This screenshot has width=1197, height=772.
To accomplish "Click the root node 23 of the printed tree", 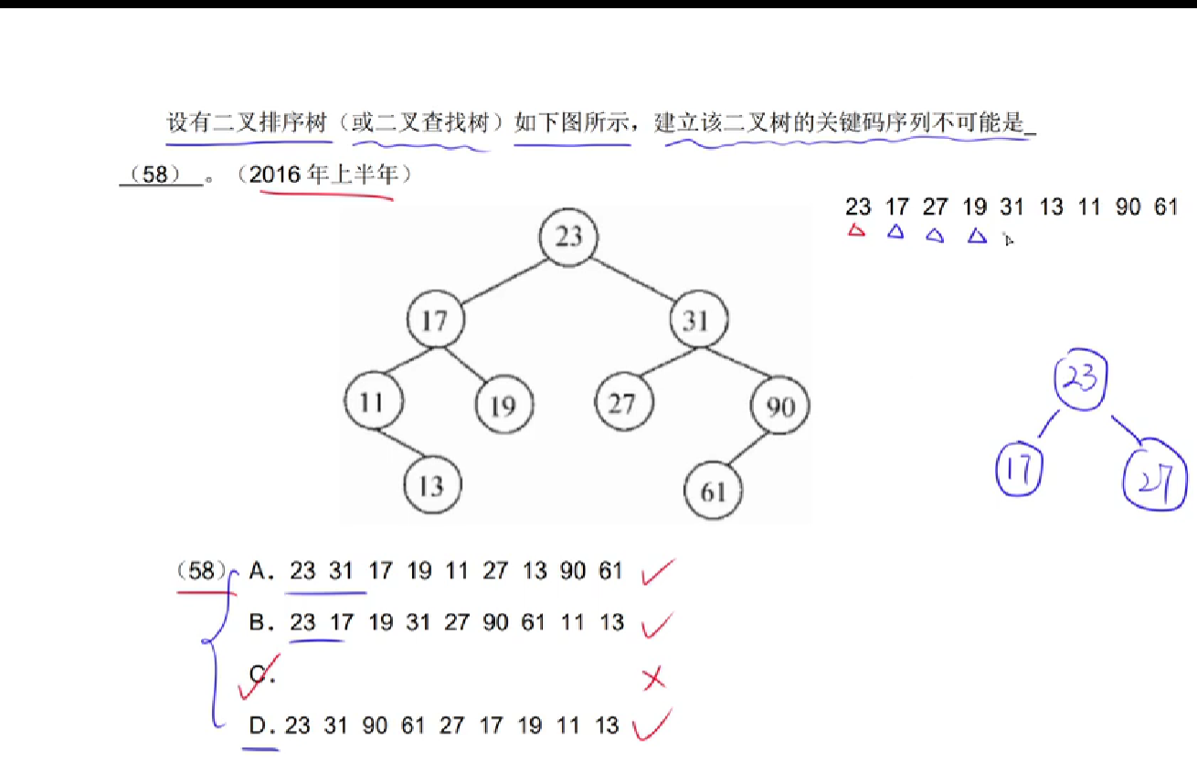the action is [x=568, y=237].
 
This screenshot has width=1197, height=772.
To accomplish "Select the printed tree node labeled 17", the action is [x=435, y=321].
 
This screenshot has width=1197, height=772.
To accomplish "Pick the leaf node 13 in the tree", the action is [x=431, y=486].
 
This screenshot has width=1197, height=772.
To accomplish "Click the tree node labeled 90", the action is [x=779, y=407].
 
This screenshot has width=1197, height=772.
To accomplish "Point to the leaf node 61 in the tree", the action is [x=713, y=492].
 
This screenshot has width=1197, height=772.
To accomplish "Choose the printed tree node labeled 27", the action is [x=621, y=403].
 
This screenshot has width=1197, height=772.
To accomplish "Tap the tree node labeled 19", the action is [x=503, y=406].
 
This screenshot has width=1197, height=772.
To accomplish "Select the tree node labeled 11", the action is [x=372, y=403].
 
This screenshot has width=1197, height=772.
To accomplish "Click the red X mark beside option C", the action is [x=652, y=679].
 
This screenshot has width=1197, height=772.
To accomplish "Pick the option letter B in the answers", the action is [x=260, y=623].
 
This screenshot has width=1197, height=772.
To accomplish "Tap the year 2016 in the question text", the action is [x=275, y=174].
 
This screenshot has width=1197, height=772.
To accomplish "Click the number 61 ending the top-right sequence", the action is [x=1165, y=207].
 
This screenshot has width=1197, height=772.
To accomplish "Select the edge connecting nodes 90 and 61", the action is [x=747, y=449].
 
